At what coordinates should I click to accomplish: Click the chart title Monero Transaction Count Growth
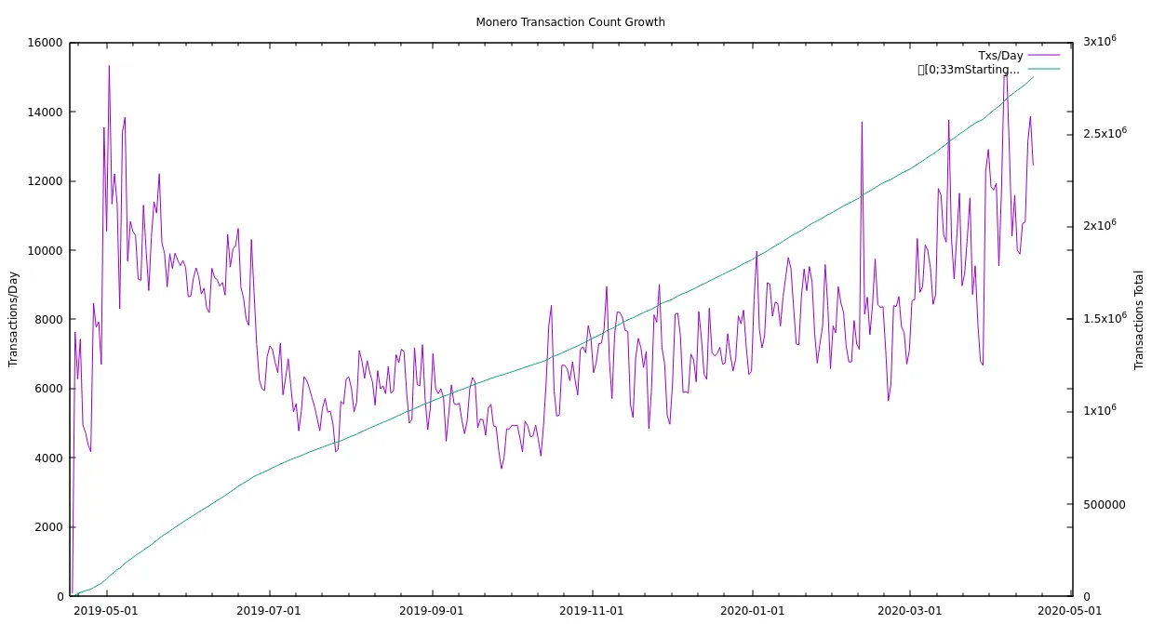[x=569, y=21]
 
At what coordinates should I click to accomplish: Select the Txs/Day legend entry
[x=999, y=56]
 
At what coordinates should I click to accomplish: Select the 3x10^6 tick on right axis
[x=1099, y=41]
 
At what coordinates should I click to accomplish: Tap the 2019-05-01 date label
[x=105, y=610]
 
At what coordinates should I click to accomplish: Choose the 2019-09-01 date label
[x=431, y=610]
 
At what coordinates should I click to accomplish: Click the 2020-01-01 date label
[x=753, y=610]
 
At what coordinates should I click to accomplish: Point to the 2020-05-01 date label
[x=1070, y=610]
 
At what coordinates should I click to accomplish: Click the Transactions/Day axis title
[x=13, y=319]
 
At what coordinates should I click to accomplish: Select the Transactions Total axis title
[x=1139, y=320]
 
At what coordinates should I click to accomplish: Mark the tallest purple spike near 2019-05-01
[x=109, y=66]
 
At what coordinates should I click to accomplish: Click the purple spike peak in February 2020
[x=862, y=122]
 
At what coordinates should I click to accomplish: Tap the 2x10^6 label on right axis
[x=1099, y=226]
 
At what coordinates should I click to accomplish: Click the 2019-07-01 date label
[x=268, y=610]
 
